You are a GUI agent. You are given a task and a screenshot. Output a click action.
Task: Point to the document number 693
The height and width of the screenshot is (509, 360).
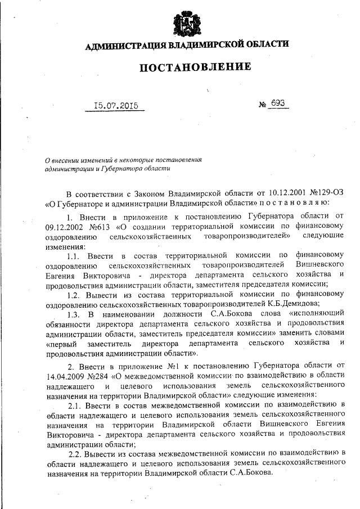point(278,103)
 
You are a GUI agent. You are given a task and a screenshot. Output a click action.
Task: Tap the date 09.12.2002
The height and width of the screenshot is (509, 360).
point(65,228)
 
